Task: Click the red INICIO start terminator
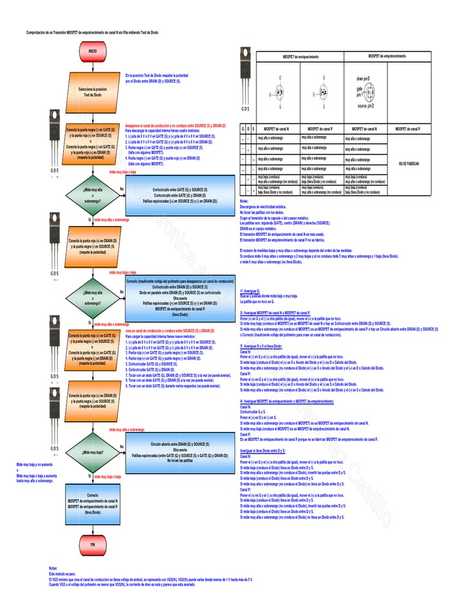93,52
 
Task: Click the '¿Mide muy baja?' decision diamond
93,451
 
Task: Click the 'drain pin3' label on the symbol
363,78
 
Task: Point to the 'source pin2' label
366,105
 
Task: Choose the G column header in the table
242,129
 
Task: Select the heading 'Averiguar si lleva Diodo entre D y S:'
262,451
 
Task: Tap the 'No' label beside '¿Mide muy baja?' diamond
122,446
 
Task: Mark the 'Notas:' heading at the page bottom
54,568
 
